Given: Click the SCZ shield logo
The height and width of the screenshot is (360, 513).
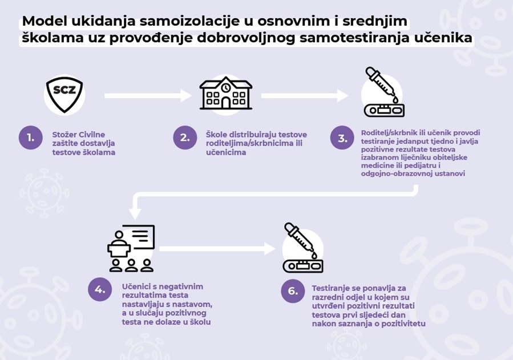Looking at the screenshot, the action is [64, 95].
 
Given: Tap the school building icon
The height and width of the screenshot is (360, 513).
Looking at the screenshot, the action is [226, 93].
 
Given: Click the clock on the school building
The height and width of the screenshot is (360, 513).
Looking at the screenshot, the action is [226, 88].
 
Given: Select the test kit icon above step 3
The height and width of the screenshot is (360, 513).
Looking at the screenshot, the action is [384, 92].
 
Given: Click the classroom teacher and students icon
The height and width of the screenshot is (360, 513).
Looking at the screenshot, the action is [131, 248].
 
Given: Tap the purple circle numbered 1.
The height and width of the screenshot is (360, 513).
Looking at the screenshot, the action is [31, 137].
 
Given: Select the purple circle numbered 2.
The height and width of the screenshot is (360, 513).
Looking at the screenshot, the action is [185, 137].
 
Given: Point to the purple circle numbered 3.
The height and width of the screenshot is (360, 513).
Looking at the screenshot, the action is [342, 137].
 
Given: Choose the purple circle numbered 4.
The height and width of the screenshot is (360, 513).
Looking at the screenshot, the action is [100, 289].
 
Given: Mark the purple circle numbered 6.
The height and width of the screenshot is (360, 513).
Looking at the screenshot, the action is [293, 290].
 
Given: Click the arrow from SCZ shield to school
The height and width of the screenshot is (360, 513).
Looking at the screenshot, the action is [148, 95].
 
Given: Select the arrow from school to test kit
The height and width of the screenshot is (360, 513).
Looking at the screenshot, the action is [305, 95].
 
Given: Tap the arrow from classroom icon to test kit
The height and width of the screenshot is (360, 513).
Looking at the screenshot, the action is [217, 249].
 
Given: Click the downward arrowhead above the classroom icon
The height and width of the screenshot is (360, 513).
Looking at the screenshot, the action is [135, 213].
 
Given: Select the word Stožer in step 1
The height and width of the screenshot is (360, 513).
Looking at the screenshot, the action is [64, 135].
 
